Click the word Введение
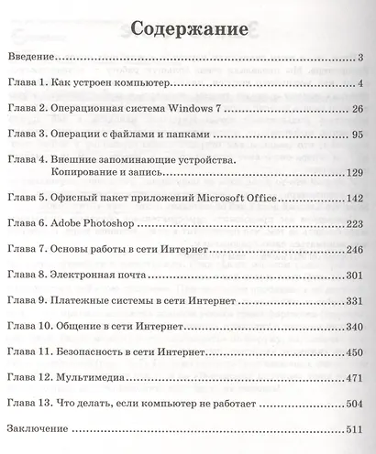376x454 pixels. click(30, 58)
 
